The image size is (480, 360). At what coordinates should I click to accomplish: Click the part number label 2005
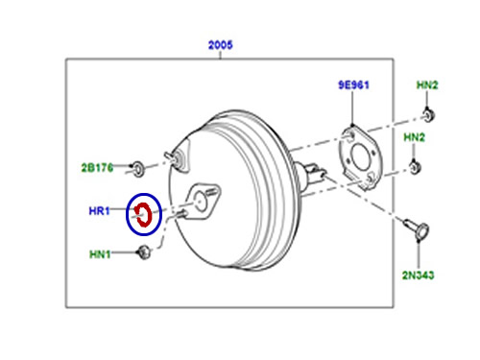(220, 45)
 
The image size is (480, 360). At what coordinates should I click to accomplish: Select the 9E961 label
(353, 85)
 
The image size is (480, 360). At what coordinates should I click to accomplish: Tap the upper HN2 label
(427, 85)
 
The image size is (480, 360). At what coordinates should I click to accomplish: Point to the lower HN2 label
(414, 137)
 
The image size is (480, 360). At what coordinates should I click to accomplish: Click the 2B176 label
(97, 168)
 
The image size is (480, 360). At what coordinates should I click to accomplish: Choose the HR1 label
(99, 211)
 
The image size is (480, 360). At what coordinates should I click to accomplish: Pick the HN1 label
(100, 254)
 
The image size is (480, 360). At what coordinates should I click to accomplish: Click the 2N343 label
(418, 275)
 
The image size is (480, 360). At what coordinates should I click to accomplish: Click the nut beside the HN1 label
(144, 252)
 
